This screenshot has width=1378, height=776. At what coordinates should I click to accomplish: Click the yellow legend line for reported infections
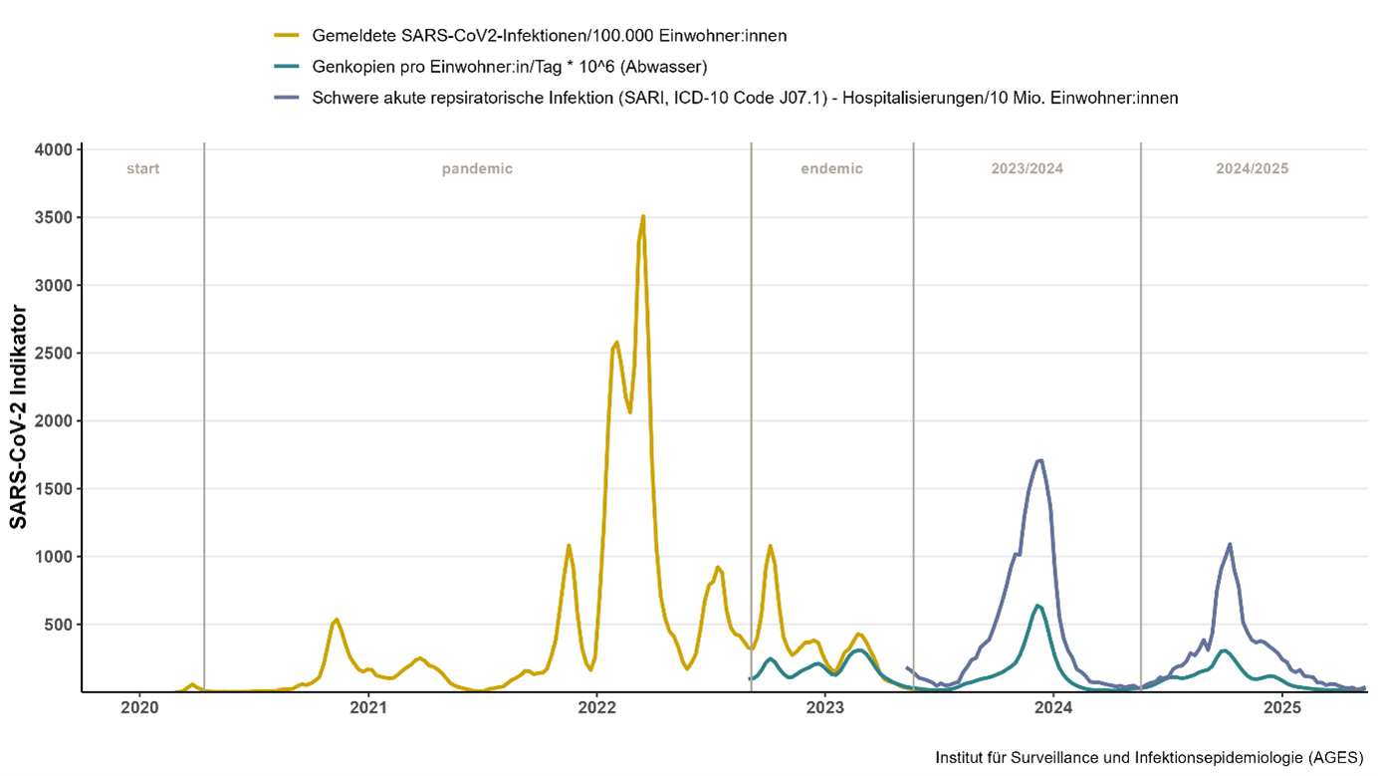pyautogui.click(x=287, y=36)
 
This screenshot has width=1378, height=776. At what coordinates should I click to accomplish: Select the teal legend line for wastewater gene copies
pyautogui.click(x=287, y=67)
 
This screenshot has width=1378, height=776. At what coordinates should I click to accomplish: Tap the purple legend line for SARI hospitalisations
pyautogui.click(x=287, y=98)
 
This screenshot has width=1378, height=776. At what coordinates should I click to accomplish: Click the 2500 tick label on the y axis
pyautogui.click(x=56, y=354)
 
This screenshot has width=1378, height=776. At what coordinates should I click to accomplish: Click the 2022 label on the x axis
pyautogui.click(x=596, y=708)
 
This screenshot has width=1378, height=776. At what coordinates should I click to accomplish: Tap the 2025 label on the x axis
pyautogui.click(x=1282, y=708)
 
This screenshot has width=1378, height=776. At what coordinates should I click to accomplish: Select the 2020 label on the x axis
pyautogui.click(x=139, y=708)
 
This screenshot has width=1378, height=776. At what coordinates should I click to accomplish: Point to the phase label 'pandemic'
pyautogui.click(x=477, y=168)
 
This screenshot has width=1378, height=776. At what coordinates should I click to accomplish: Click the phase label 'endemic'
pyautogui.click(x=831, y=168)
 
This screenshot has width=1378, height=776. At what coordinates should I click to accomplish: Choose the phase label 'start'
pyautogui.click(x=142, y=168)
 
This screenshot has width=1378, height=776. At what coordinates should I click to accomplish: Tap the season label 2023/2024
pyautogui.click(x=1027, y=168)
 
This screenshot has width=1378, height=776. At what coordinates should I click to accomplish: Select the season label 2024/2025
pyautogui.click(x=1252, y=168)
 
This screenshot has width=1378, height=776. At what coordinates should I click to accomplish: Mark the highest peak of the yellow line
pyautogui.click(x=643, y=216)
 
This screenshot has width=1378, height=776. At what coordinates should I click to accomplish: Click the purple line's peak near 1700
pyautogui.click(x=1039, y=460)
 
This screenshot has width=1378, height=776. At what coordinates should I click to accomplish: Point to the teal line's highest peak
pyautogui.click(x=1037, y=605)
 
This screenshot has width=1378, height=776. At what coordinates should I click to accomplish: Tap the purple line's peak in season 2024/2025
pyautogui.click(x=1230, y=544)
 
